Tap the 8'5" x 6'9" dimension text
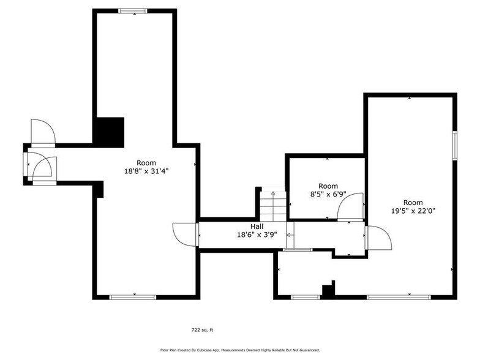(x=328, y=194)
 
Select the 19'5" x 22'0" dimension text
(x=413, y=211)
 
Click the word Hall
(x=239, y=227)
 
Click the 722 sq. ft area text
(x=202, y=330)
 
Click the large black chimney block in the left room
(x=109, y=130)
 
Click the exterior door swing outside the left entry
(x=43, y=131)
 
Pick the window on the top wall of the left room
(x=132, y=10)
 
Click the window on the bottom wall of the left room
(x=132, y=298)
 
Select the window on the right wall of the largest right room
(x=455, y=146)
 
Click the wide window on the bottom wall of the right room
(x=398, y=298)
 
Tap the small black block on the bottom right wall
(x=329, y=290)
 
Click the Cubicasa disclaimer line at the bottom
(x=240, y=350)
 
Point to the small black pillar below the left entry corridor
(x=98, y=189)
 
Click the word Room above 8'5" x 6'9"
(x=328, y=186)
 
